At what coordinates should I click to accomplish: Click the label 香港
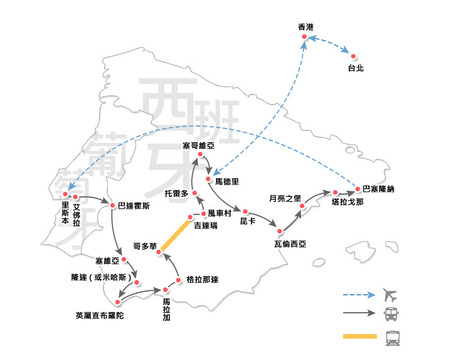click(x=305, y=27)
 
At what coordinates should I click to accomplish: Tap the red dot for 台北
click(x=353, y=56)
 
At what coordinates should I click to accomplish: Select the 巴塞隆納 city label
click(x=379, y=189)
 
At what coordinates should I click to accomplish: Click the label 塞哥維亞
click(x=199, y=146)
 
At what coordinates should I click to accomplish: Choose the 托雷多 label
click(x=176, y=193)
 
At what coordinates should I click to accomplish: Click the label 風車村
click(x=219, y=214)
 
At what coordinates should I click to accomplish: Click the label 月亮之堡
click(x=286, y=198)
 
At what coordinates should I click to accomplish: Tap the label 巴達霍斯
click(x=134, y=206)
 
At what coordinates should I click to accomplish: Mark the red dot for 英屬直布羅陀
click(x=118, y=302)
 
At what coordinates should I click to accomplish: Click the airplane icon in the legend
click(x=390, y=294)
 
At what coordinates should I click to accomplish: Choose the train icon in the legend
click(x=391, y=337)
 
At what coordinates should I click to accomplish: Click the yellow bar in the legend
click(x=359, y=337)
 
